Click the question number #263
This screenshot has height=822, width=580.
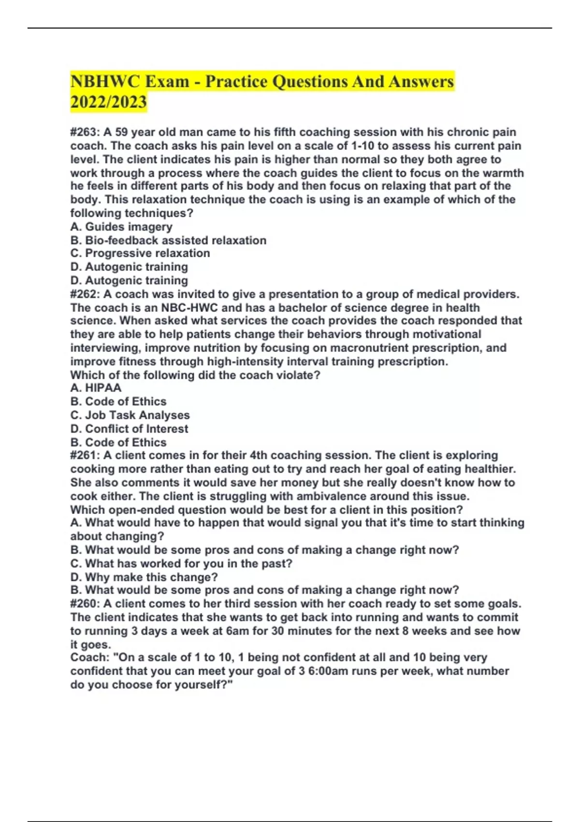point(85,132)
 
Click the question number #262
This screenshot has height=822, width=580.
point(85,294)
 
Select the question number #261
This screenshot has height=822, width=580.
point(85,455)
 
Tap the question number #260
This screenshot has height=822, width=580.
point(85,603)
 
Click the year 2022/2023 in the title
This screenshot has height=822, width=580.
point(108,102)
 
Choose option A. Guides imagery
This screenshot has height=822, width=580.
point(121,226)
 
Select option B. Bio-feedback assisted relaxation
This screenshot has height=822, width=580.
point(168,240)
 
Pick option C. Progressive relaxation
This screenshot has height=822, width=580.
point(140,253)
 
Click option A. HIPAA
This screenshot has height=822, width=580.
point(96,388)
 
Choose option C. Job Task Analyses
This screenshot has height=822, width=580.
point(130,415)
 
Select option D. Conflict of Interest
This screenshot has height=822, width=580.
point(129,428)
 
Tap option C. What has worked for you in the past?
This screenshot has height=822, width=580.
point(181,563)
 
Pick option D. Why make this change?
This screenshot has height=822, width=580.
point(144,577)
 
